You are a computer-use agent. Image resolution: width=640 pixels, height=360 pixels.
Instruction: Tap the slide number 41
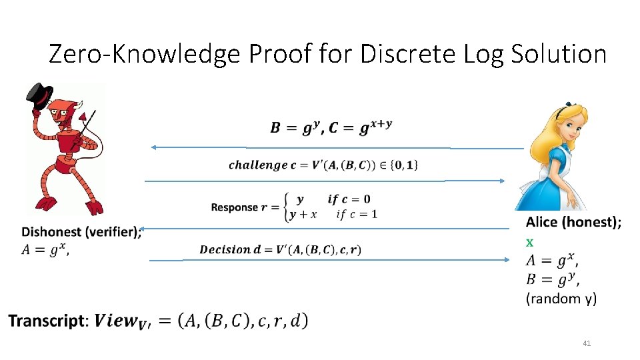pyautogui.click(x=587, y=343)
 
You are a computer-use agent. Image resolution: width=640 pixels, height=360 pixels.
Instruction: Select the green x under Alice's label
pyautogui.click(x=530, y=241)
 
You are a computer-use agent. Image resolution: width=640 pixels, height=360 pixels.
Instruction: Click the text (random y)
pyautogui.click(x=561, y=299)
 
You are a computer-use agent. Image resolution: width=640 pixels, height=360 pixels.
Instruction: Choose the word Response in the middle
pyautogui.click(x=234, y=207)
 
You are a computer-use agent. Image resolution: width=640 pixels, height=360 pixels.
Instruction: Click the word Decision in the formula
pyautogui.click(x=225, y=250)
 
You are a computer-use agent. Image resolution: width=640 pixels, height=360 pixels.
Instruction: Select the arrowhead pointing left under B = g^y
pyautogui.click(x=153, y=147)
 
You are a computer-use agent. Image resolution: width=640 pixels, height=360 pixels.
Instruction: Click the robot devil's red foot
pyautogui.click(x=95, y=207)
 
